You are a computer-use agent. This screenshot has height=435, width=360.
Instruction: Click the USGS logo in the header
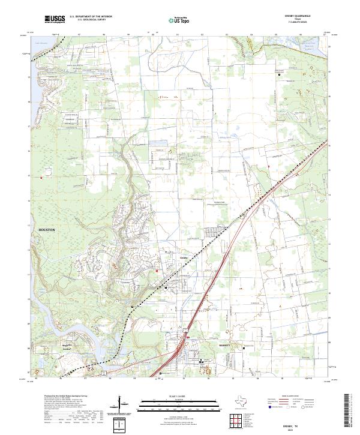[x=55, y=20]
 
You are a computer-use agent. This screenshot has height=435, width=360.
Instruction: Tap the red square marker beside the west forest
[x=41, y=178]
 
